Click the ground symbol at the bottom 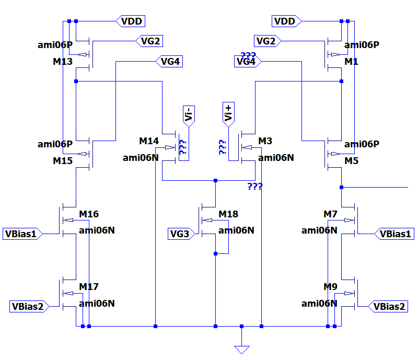coord(242,350)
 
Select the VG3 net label coord(181,234)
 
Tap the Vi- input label coord(189,116)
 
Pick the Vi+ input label coord(228,114)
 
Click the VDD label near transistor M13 coord(130,21)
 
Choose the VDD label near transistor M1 coord(286,21)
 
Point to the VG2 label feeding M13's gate coord(149,41)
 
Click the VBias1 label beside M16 coord(22,234)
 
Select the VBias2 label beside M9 coord(388,306)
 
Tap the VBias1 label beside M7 coord(394,234)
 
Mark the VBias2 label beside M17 coord(29,306)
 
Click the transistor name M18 coord(228,214)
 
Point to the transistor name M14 coord(149,141)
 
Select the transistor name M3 coord(265,141)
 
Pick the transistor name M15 coord(63,161)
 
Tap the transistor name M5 coord(351,161)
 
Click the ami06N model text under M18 coord(236,230)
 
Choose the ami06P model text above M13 coord(55,45)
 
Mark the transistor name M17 coord(89,287)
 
